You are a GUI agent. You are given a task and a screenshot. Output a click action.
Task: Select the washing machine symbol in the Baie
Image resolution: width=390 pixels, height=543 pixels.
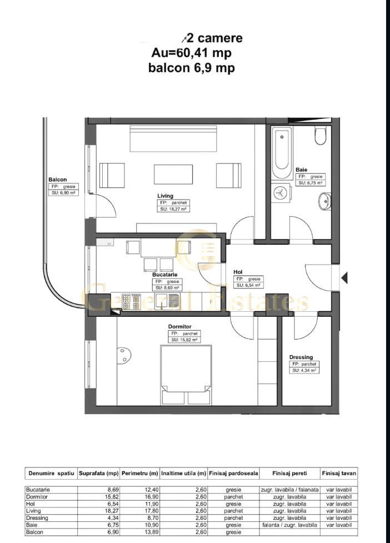[x=281, y=192]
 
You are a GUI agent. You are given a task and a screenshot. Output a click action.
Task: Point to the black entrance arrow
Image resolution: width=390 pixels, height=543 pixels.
[x=344, y=277]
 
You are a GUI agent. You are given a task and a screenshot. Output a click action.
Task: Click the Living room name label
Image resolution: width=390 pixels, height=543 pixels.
[x=165, y=196]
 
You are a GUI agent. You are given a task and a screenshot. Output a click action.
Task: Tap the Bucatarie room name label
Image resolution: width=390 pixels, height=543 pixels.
[x=165, y=275]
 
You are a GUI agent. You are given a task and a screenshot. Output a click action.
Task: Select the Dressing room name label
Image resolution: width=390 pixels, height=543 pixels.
[x=301, y=357]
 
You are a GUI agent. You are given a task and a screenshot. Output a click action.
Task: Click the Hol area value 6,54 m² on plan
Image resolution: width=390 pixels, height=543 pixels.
[x=247, y=285]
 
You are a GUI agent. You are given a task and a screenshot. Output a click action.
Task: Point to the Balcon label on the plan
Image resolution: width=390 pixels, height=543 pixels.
[x=57, y=180]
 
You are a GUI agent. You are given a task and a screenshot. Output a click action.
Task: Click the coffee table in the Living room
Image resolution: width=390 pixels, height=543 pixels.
[x=173, y=175]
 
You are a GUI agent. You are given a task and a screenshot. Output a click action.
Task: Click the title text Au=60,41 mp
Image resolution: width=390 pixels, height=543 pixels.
[x=191, y=53]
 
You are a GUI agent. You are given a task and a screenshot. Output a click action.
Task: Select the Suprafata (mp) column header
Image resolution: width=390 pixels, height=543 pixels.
[x=98, y=474]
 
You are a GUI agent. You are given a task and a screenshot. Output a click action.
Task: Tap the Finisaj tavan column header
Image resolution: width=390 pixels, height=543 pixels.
[x=339, y=474]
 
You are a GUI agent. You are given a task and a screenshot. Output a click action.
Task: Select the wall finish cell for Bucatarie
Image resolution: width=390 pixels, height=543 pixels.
[x=289, y=490]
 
